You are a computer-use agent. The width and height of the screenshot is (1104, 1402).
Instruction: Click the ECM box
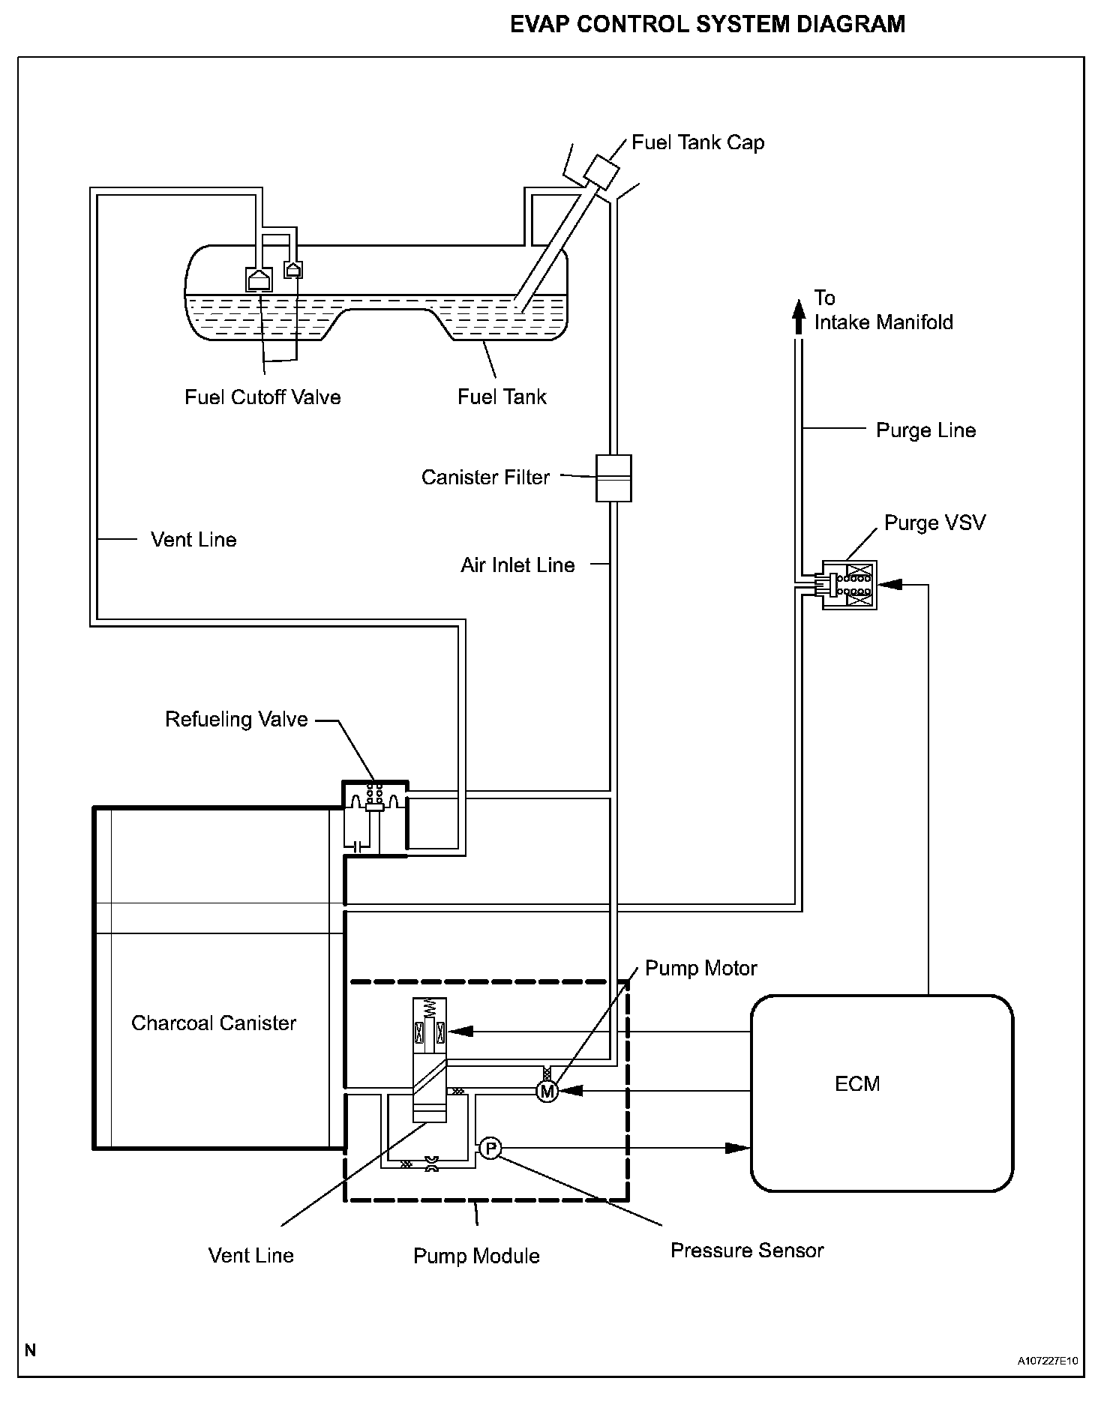click(x=882, y=1092)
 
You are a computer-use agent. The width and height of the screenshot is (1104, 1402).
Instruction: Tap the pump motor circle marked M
click(x=547, y=1092)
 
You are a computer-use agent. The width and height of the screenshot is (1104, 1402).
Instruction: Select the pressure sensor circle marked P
click(x=489, y=1148)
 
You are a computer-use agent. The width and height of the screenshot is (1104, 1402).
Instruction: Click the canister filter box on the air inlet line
click(x=613, y=478)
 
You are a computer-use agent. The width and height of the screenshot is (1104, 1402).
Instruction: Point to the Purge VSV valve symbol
click(x=849, y=584)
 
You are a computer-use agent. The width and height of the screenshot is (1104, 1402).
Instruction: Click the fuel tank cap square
click(x=601, y=171)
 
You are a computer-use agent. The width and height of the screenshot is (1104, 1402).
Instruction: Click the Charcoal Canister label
click(x=214, y=1023)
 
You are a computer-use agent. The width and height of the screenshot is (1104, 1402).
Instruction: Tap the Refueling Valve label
click(x=236, y=719)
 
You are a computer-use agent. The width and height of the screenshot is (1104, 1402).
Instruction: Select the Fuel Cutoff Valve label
click(x=262, y=397)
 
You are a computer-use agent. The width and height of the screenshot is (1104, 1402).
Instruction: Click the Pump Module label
click(x=476, y=1256)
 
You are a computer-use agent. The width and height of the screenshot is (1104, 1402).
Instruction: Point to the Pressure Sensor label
click(x=747, y=1251)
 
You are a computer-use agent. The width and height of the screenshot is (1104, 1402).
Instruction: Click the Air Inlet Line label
click(x=517, y=565)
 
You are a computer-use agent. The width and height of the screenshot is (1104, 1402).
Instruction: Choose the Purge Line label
click(x=925, y=430)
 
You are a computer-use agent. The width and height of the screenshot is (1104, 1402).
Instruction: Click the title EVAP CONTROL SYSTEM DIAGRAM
click(x=707, y=24)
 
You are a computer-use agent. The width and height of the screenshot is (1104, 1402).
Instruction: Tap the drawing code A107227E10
click(x=1048, y=1360)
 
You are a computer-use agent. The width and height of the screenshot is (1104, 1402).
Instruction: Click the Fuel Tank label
click(x=502, y=397)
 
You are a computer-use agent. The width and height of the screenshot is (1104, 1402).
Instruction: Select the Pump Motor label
click(x=700, y=968)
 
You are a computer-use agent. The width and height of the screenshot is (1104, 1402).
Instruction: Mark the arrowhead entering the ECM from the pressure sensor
click(x=738, y=1148)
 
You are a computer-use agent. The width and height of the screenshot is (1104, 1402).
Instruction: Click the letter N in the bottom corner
click(x=30, y=1350)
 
